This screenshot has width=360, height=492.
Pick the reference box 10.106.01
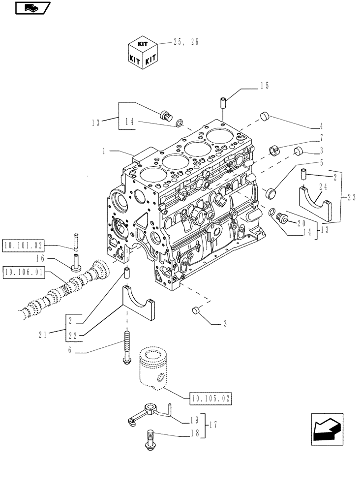tap(23, 271)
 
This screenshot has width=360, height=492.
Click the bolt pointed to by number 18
tap(150, 439)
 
